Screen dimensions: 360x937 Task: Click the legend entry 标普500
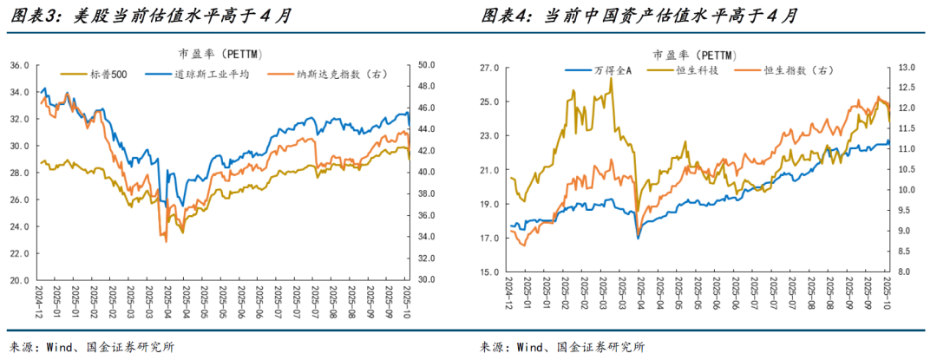(x=109, y=75)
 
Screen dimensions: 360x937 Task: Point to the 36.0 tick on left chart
(x=19, y=66)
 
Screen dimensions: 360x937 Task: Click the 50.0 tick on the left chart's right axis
(x=427, y=66)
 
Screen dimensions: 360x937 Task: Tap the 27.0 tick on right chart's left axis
(x=490, y=67)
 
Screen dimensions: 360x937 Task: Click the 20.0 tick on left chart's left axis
(x=19, y=280)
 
